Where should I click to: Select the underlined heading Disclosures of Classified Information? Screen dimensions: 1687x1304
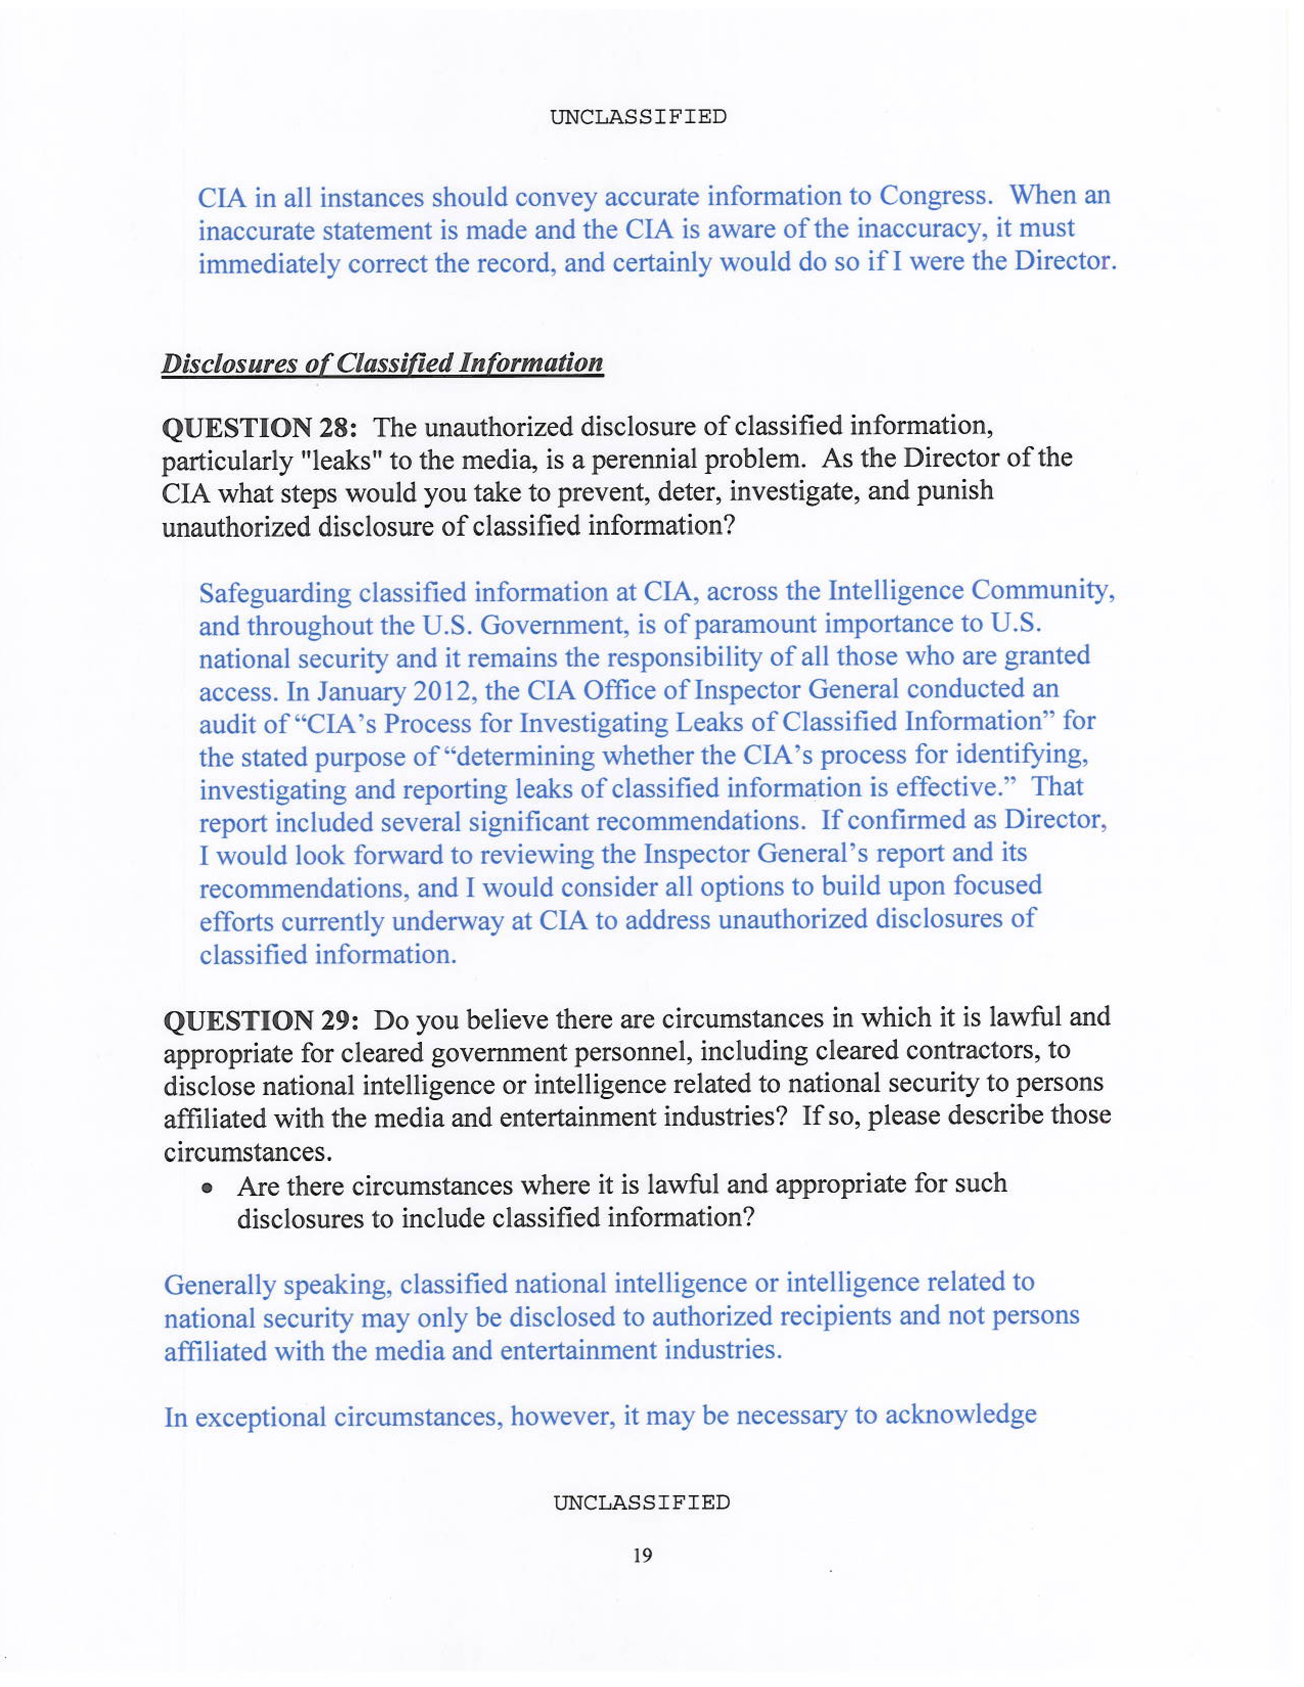click(381, 363)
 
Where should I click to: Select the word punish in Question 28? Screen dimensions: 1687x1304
click(954, 491)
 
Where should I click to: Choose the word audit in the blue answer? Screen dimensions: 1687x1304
click(226, 724)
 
